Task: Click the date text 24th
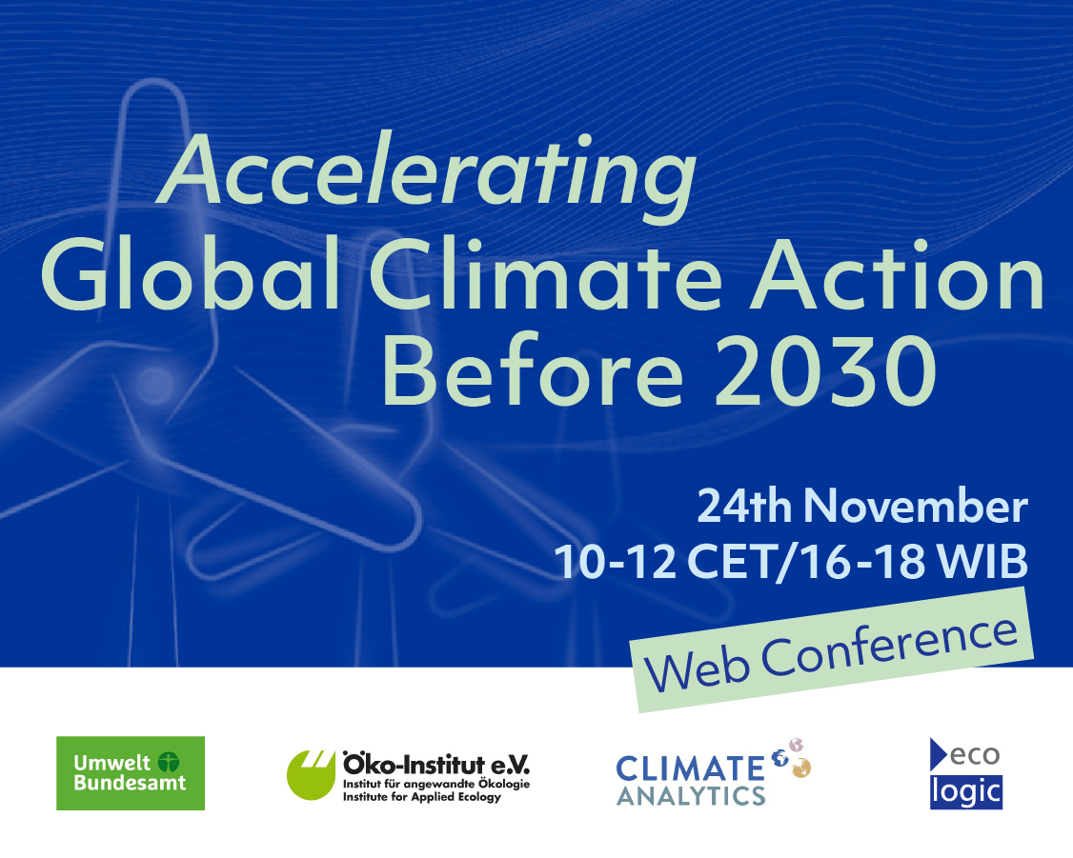click(x=744, y=506)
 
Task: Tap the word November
click(x=916, y=506)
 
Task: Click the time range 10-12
click(x=616, y=562)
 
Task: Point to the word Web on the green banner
click(x=698, y=668)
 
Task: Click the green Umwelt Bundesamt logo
click(x=131, y=773)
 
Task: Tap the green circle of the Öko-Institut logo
click(x=310, y=775)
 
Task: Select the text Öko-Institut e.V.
click(x=436, y=764)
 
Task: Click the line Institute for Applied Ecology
click(x=422, y=796)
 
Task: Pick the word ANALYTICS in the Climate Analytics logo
click(x=691, y=796)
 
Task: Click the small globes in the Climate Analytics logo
click(x=792, y=757)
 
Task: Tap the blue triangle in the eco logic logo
click(x=939, y=755)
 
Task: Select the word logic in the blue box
click(x=966, y=792)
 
